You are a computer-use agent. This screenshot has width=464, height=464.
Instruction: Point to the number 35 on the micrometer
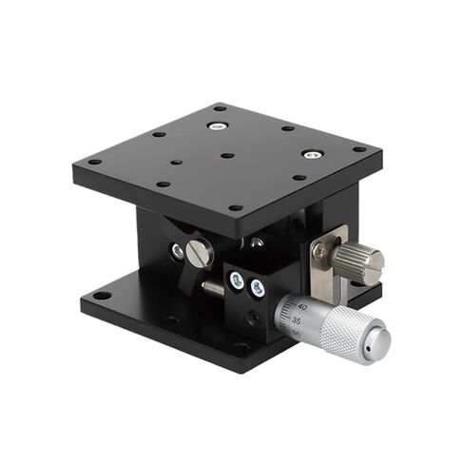pyautogui.click(x=298, y=322)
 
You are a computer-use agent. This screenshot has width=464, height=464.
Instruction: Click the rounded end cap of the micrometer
pyautogui.click(x=380, y=339)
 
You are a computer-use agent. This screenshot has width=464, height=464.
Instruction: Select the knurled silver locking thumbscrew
pyautogui.click(x=361, y=260)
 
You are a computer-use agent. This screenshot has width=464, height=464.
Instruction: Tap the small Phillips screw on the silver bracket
pyautogui.click(x=320, y=252)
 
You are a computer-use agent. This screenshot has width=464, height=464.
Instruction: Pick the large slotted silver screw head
pyautogui.click(x=198, y=252)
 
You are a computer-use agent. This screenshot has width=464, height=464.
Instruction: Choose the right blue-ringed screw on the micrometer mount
pyautogui.click(x=256, y=284)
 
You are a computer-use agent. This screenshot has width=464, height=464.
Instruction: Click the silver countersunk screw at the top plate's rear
pyautogui.click(x=218, y=126)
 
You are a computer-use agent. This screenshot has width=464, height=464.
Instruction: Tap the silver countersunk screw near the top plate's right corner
pyautogui.click(x=311, y=154)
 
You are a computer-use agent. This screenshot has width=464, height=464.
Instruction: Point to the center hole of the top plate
pyautogui.click(x=226, y=155)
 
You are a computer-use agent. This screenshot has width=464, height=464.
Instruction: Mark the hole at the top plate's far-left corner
pyautogui.click(x=94, y=162)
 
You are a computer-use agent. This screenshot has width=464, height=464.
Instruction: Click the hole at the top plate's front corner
pyautogui.click(x=235, y=207)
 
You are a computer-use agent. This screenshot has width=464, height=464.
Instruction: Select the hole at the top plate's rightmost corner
pyautogui.click(x=359, y=149)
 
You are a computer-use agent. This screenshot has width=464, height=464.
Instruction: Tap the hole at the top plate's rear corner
pyautogui.click(x=219, y=107)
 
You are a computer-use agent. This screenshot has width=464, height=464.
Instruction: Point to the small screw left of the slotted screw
pyautogui.click(x=178, y=252)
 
